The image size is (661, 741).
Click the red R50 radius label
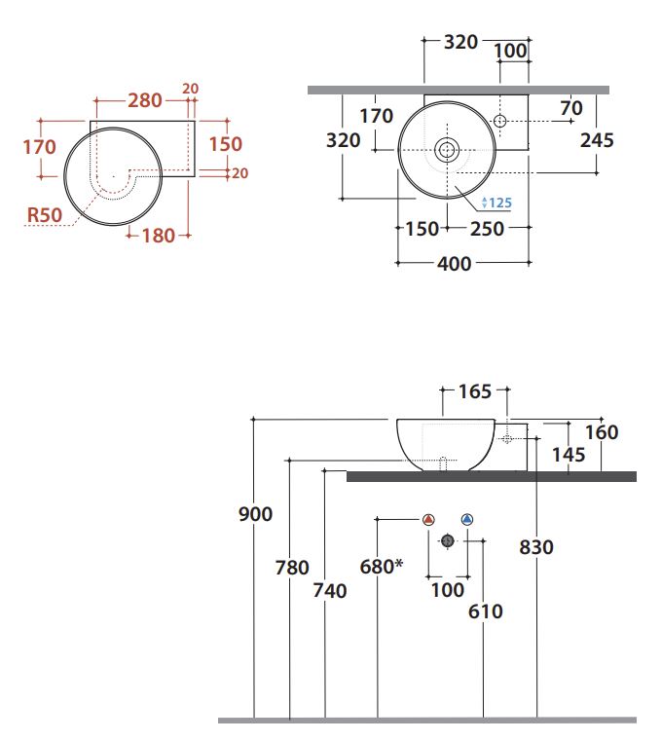click(45, 214)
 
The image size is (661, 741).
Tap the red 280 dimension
click(145, 101)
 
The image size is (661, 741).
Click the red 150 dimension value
click(226, 143)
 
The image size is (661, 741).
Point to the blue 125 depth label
click(496, 203)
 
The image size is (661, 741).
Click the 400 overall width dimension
click(454, 264)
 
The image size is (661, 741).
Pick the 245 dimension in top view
click(596, 140)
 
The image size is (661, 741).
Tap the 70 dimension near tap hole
click(570, 108)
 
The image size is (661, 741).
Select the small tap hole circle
click(499, 120)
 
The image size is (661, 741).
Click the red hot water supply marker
click(427, 520)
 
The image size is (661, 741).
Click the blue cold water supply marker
click(467, 520)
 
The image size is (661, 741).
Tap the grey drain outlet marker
click(448, 540)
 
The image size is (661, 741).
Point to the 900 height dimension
click(255, 513)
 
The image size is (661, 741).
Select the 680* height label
click(381, 566)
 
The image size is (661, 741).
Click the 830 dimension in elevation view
click(535, 547)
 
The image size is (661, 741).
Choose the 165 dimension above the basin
click(476, 392)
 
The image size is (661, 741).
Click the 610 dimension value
click(485, 611)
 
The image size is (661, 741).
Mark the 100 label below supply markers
click(448, 590)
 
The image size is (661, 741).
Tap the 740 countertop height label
click(330, 590)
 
